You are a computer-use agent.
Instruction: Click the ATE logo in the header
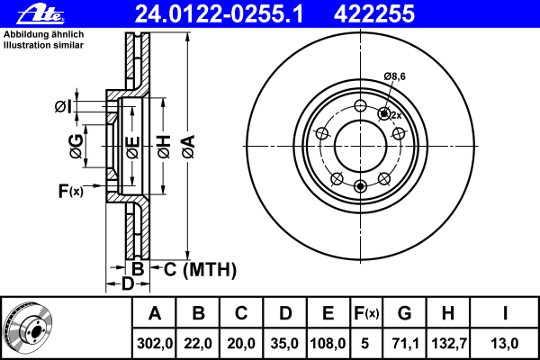click(40, 14)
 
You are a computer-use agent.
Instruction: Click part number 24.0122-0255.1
click(219, 14)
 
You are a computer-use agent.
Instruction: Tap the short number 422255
click(374, 14)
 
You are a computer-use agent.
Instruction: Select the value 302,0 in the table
click(154, 344)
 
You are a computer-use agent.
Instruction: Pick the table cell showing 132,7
click(449, 344)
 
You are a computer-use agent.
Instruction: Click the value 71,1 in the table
click(405, 344)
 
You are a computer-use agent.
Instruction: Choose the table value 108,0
click(328, 344)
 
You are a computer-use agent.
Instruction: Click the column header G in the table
click(405, 313)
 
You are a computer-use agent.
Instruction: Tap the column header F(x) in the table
click(366, 313)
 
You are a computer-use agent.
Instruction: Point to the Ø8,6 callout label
click(395, 76)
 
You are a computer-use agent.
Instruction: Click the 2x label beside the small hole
click(396, 115)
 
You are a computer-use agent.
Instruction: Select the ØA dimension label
click(189, 147)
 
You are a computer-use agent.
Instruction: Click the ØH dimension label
click(164, 147)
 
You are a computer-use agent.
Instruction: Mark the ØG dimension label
click(76, 147)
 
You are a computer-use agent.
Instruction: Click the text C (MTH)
click(200, 269)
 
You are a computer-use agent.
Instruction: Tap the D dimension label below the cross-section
click(128, 283)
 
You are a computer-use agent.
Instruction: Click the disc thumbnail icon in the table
click(28, 328)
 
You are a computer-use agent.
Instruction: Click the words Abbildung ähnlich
click(43, 34)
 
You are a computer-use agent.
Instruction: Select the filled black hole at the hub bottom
click(360, 186)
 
